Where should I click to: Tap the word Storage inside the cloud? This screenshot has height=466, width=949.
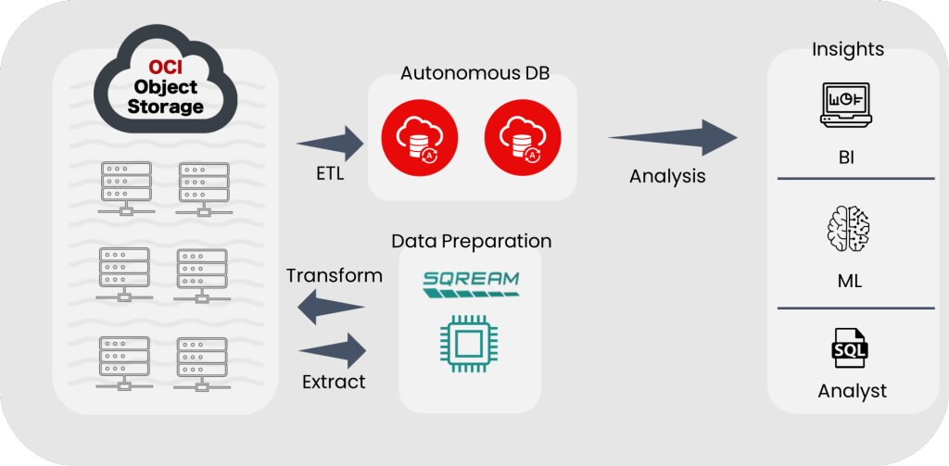coord(166,107)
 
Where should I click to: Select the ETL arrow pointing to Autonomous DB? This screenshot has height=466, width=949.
coord(331,143)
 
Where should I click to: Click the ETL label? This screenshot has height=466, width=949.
coord(328,173)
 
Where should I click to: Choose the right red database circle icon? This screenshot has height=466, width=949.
coord(515,139)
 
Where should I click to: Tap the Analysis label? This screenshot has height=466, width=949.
coord(667,176)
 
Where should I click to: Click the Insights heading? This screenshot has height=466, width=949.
coord(847,49)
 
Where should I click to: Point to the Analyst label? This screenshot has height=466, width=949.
coord(852,391)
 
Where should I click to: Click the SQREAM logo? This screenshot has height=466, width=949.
coord(470,284)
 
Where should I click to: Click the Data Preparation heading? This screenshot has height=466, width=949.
coord(471,241)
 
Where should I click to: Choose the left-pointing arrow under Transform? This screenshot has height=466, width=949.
coord(333,305)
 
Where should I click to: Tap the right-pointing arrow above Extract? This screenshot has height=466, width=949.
coord(333,351)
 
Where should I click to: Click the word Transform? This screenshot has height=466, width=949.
coord(334,276)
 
